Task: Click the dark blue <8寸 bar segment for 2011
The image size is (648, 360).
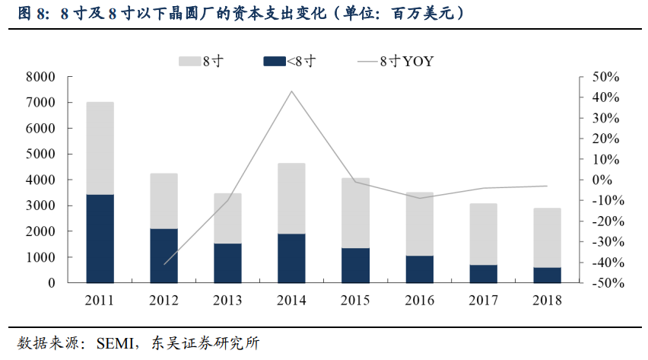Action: tap(100, 238)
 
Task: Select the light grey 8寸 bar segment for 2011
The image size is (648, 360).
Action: tap(100, 148)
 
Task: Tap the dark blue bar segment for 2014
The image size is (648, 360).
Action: tap(291, 258)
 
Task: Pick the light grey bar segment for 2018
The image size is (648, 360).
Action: tap(546, 237)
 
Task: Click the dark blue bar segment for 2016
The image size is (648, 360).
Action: tap(419, 269)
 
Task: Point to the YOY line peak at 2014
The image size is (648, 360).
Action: tap(291, 91)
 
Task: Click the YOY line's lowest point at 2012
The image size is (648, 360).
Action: tap(164, 264)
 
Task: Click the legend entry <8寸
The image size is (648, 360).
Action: tap(300, 62)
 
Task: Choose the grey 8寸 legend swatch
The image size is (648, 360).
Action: tap(189, 62)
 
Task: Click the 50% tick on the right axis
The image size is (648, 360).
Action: tap(606, 77)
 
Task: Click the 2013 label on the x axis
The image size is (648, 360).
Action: tap(227, 300)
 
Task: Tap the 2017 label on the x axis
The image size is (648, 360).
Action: tap(482, 300)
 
